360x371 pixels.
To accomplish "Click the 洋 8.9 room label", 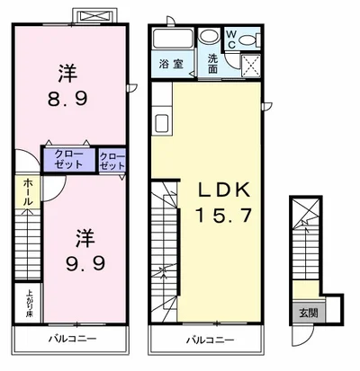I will pos(70,83).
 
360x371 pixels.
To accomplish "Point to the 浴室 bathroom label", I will pos(172,64).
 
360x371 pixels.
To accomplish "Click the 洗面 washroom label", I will pos(212,64).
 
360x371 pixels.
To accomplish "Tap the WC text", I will pos(231,39).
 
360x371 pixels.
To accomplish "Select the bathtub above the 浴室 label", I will pos(172,39).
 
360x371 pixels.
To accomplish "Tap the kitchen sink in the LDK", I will pos(164,123).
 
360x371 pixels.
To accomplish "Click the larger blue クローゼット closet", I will pos(67,160).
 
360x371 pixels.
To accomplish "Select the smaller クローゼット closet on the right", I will pos(112,161).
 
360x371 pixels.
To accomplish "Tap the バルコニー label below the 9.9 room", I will pos(70,340).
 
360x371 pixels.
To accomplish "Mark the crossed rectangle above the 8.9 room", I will pos(93,17).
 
